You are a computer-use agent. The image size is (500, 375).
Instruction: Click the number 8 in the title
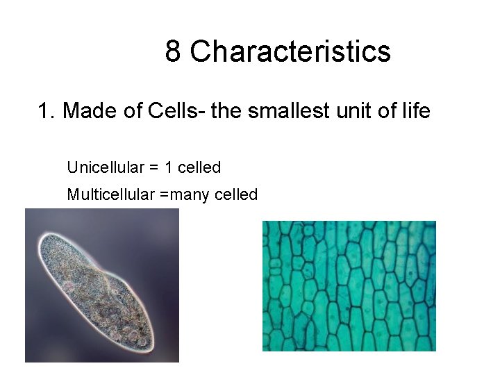click(x=174, y=51)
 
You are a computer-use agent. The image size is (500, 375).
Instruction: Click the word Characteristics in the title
click(x=290, y=51)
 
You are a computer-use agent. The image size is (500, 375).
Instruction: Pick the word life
click(x=416, y=110)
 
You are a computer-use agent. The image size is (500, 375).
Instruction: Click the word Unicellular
click(x=106, y=167)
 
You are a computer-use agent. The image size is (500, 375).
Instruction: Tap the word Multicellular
click(x=110, y=194)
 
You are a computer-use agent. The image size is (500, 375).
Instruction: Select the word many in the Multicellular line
click(x=190, y=194)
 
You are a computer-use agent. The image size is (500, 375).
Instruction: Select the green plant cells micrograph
click(x=349, y=285)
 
